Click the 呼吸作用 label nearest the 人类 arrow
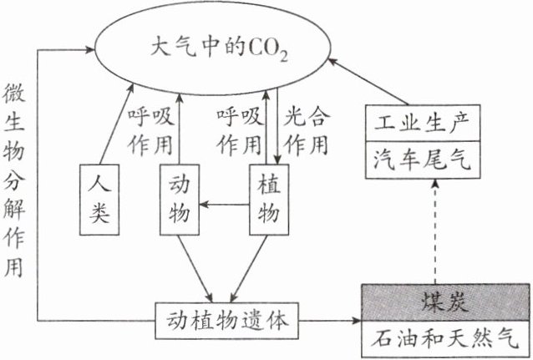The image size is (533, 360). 150,129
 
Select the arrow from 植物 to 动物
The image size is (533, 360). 226,203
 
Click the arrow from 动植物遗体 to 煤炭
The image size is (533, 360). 330,319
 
